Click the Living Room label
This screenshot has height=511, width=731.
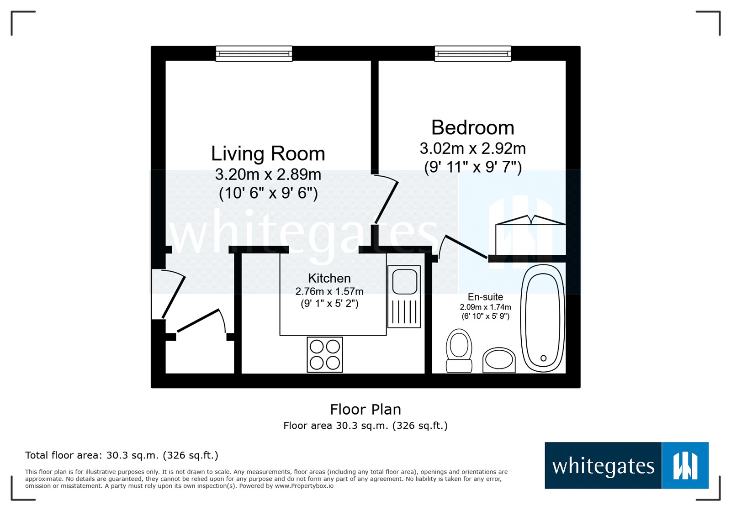268,153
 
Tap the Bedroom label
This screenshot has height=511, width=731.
472,127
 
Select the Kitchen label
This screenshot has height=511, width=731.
329,278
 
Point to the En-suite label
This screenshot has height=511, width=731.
485,297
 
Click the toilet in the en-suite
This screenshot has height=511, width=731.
459,351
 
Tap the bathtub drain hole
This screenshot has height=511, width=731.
543,358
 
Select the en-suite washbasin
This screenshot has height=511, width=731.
499,360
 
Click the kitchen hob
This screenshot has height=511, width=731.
325,354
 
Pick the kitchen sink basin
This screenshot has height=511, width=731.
405,282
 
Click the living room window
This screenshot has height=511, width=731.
254,53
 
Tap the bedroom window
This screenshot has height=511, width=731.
473,53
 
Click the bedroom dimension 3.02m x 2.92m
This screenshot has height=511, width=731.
472,149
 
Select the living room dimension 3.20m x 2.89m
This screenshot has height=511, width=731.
268,174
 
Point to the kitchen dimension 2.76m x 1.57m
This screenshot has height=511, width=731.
329,291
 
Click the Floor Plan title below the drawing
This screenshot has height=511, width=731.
365,409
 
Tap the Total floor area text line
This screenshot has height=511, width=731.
122,455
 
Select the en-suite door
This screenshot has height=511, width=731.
465,246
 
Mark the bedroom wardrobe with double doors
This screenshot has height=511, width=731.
530,235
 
